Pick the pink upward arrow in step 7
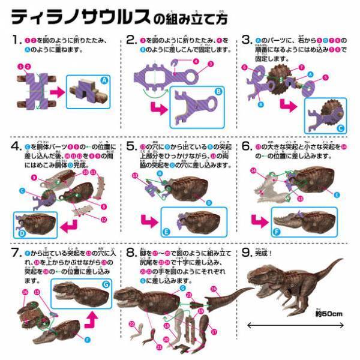tap(89, 316)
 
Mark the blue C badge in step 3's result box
tap(340, 127)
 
